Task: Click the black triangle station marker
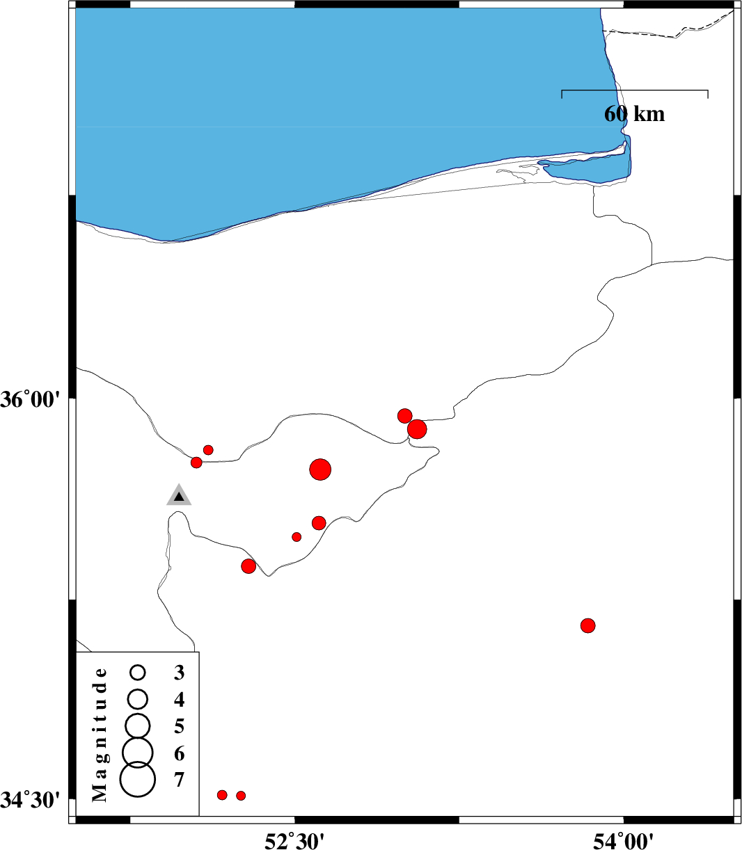pos(179,496)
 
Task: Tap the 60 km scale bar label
pos(634,114)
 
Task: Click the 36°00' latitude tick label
pos(31,400)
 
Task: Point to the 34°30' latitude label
pos(31,800)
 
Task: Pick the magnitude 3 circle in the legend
pos(138,672)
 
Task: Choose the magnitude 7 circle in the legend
pos(138,779)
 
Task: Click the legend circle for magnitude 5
pos(138,725)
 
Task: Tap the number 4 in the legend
pos(179,700)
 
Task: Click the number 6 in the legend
pos(179,753)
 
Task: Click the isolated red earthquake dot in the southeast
pos(587,625)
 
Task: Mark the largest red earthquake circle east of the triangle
pos(320,470)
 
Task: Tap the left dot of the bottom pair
pos(223,795)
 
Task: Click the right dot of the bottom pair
pos(241,796)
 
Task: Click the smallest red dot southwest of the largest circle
pos(297,537)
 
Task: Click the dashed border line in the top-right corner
pos(669,29)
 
